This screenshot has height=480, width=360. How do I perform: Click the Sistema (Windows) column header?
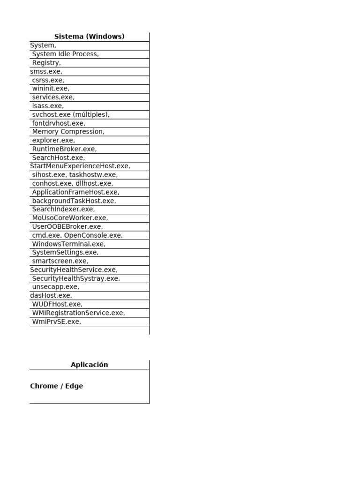tap(89, 37)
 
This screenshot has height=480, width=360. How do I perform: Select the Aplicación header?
tap(89, 365)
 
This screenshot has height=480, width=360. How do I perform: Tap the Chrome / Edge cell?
tap(56, 386)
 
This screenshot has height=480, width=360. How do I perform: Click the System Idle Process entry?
tap(65, 54)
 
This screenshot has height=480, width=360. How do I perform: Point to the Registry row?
tap(46, 63)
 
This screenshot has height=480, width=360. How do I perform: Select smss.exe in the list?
tap(46, 72)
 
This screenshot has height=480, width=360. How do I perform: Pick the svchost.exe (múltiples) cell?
tap(70, 114)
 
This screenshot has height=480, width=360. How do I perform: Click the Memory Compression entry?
tap(68, 132)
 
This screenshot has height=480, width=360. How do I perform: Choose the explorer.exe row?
tap(53, 140)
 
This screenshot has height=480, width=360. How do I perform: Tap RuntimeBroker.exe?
tap(64, 149)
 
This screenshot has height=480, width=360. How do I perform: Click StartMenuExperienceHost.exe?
tap(80, 166)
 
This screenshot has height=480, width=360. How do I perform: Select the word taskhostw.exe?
tap(93, 175)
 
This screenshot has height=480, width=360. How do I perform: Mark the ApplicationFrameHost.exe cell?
tap(75, 192)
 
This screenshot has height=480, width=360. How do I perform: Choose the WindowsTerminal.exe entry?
tap(68, 244)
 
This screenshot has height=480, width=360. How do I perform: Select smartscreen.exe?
tap(60, 261)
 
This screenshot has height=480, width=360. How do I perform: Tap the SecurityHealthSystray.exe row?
tap(76, 278)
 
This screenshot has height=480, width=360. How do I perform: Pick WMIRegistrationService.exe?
tap(78, 313)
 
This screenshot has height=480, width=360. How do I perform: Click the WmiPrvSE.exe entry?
tap(56, 322)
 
